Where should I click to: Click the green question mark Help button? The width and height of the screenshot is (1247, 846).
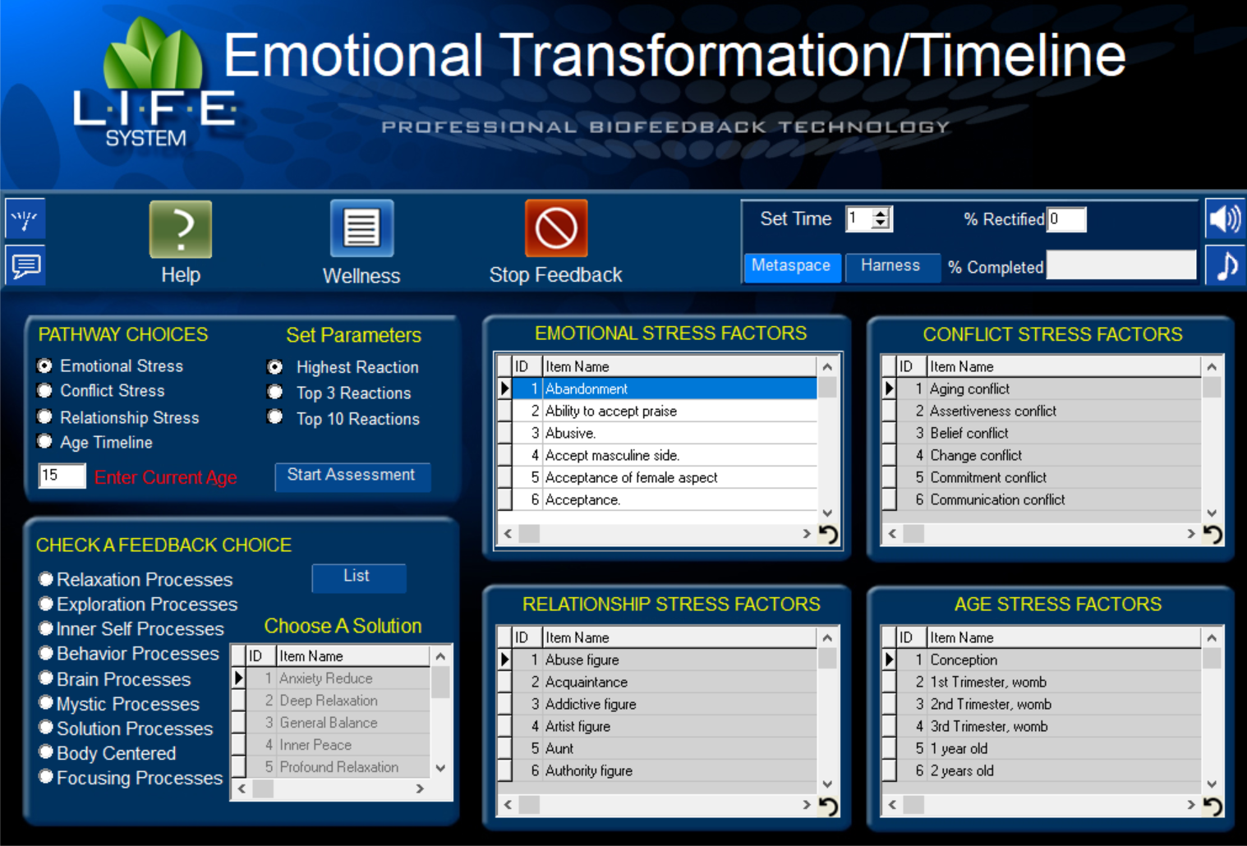pyautogui.click(x=181, y=229)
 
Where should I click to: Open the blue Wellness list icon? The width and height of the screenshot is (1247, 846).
pyautogui.click(x=361, y=228)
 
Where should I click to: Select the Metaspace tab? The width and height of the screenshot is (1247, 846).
pyautogui.click(x=792, y=267)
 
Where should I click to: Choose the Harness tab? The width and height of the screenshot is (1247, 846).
pyautogui.click(x=891, y=267)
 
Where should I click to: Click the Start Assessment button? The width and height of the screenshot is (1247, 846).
pyautogui.click(x=352, y=476)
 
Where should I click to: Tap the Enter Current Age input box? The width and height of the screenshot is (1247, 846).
pyautogui.click(x=62, y=476)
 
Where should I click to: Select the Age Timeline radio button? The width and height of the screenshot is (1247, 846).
pyautogui.click(x=44, y=442)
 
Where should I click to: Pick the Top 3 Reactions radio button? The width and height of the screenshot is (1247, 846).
pyautogui.click(x=274, y=392)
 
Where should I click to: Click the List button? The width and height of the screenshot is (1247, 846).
pyautogui.click(x=358, y=577)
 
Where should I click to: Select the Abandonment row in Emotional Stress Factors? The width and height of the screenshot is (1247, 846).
pyautogui.click(x=587, y=389)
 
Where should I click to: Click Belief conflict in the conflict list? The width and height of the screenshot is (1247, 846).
pyautogui.click(x=969, y=433)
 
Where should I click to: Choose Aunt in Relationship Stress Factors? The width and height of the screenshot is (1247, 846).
pyautogui.click(x=559, y=748)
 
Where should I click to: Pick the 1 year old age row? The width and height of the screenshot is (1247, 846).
pyautogui.click(x=959, y=748)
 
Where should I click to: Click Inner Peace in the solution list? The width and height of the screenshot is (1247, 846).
pyautogui.click(x=315, y=745)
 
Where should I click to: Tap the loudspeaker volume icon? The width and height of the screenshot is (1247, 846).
pyautogui.click(x=1226, y=218)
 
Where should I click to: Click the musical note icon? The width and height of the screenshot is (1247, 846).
pyautogui.click(x=1226, y=265)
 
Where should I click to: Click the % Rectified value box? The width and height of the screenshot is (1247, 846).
pyautogui.click(x=1066, y=219)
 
